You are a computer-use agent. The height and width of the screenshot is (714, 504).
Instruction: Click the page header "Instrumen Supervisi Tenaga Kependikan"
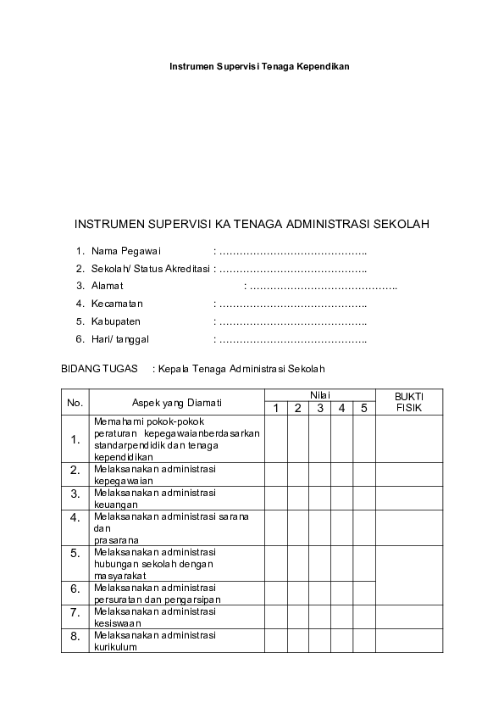point(259,65)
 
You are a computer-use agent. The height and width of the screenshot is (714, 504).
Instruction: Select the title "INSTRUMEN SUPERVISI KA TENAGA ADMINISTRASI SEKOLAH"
point(252,225)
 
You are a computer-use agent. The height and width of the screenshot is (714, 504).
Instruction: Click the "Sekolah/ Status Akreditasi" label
point(151,269)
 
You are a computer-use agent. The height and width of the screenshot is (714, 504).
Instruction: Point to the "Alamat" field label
point(108,286)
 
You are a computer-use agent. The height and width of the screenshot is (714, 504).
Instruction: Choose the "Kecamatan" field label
point(118,304)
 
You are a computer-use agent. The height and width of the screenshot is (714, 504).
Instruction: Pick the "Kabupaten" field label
point(116,321)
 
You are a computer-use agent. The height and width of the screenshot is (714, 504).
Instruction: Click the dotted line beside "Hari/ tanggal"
point(293,339)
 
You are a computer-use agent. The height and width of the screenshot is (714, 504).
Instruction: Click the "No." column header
point(75,402)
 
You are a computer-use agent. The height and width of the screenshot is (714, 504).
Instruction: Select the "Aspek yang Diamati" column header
point(177,402)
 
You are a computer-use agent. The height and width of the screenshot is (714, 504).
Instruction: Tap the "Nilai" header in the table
point(319,395)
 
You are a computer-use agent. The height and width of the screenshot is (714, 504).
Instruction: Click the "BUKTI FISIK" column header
point(408,402)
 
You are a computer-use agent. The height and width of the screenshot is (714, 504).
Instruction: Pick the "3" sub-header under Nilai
point(319,409)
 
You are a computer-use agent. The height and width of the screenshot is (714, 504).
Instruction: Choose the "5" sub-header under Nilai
point(363,409)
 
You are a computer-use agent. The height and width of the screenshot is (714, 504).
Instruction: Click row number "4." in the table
point(75,517)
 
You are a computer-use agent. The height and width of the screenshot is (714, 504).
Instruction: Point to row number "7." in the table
point(75,611)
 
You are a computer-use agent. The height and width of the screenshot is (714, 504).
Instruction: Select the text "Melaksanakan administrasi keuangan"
point(154,498)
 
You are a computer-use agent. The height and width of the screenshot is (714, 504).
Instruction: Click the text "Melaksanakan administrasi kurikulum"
point(154,640)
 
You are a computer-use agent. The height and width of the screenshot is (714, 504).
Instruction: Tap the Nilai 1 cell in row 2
point(275,474)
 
